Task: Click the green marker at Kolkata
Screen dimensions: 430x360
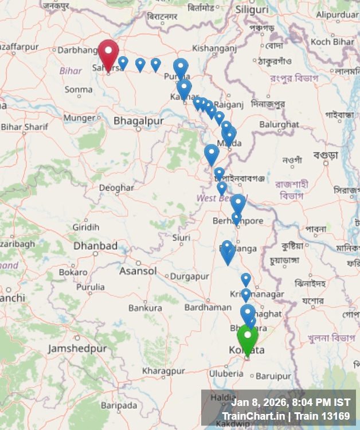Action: click(248, 338)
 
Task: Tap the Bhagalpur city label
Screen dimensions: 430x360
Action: click(138, 121)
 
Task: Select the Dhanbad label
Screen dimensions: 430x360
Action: click(95, 246)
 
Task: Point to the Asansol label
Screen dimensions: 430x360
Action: click(138, 271)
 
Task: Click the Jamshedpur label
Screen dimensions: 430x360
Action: click(77, 349)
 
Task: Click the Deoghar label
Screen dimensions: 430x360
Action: click(116, 187)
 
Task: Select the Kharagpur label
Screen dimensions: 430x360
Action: click(164, 371)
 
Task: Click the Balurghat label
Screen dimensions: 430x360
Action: click(279, 124)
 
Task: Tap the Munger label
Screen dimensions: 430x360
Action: click(80, 118)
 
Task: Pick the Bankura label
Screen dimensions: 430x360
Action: click(145, 308)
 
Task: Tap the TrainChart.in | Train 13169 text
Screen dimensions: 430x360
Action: click(285, 416)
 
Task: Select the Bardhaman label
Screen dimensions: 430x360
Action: click(208, 307)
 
